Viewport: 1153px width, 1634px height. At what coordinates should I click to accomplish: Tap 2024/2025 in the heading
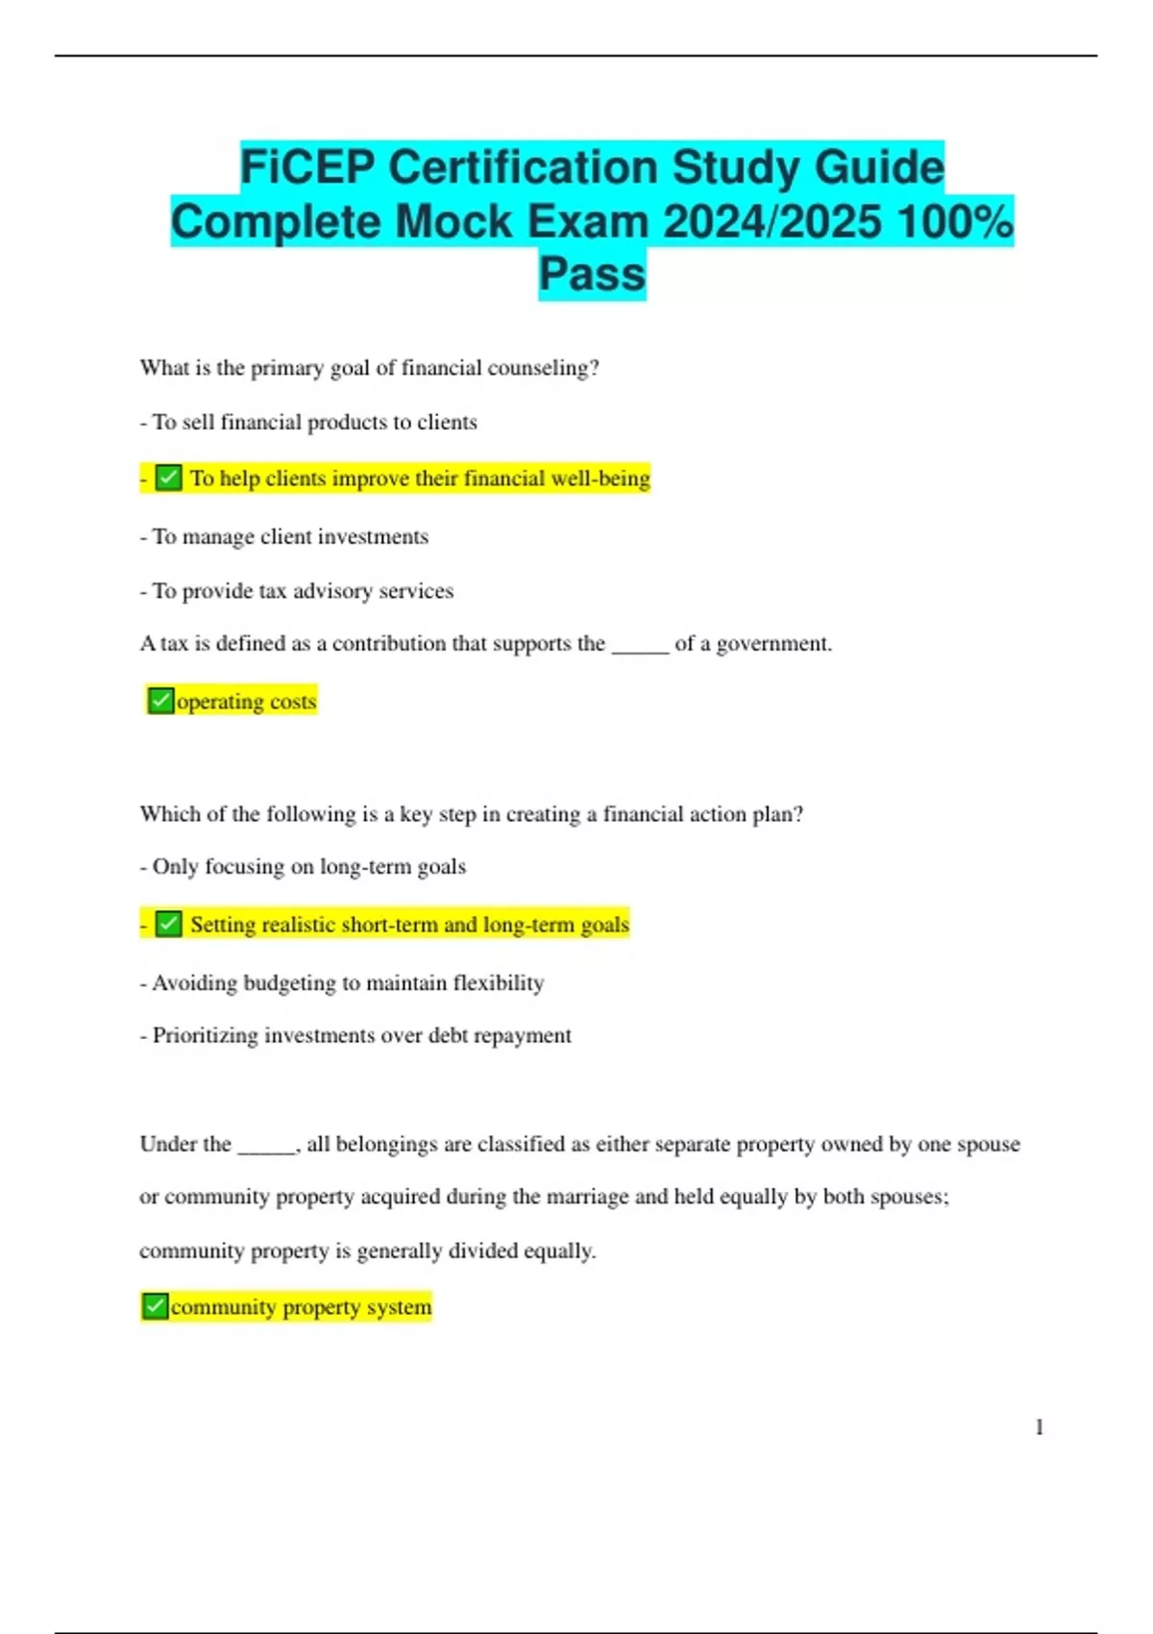tap(773, 222)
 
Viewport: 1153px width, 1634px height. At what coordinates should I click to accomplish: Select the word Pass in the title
tap(592, 274)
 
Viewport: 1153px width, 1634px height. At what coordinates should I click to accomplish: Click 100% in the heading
tap(954, 222)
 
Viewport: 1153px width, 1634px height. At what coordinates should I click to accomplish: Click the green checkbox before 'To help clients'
tap(169, 478)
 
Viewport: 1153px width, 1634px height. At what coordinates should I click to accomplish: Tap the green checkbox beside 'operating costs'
tap(160, 701)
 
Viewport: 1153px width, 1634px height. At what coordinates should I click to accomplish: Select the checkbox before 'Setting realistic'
tap(169, 924)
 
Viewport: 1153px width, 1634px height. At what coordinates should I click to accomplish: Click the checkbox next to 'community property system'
tap(155, 1306)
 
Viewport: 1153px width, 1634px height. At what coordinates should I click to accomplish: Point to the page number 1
tap(1039, 1427)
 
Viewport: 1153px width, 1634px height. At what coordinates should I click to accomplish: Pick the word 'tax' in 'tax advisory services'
tap(273, 591)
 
